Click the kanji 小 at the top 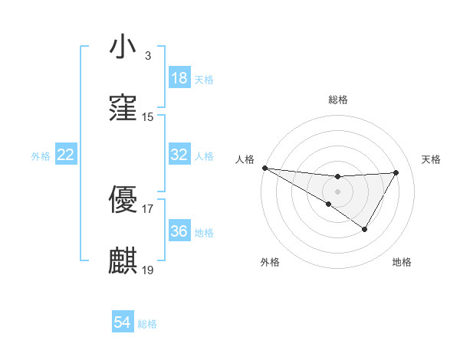pyautogui.click(x=123, y=47)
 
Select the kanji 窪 pyautogui.click(x=123, y=109)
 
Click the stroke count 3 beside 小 pyautogui.click(x=147, y=56)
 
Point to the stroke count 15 pyautogui.click(x=148, y=117)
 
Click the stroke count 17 pyautogui.click(x=148, y=208)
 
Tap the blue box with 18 pyautogui.click(x=179, y=78)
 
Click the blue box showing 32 pyautogui.click(x=179, y=155)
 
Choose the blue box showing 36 pyautogui.click(x=179, y=231)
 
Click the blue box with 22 pyautogui.click(x=66, y=155)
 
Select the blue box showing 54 pyautogui.click(x=123, y=323)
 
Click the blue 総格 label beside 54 pyautogui.click(x=147, y=324)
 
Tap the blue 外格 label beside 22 pyautogui.click(x=41, y=155)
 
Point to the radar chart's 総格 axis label pyautogui.click(x=337, y=100)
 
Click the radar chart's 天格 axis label pyautogui.click(x=431, y=159)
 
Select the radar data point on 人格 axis pyautogui.click(x=264, y=168)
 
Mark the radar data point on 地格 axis pyautogui.click(x=365, y=229)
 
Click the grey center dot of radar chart pyautogui.click(x=337, y=191)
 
